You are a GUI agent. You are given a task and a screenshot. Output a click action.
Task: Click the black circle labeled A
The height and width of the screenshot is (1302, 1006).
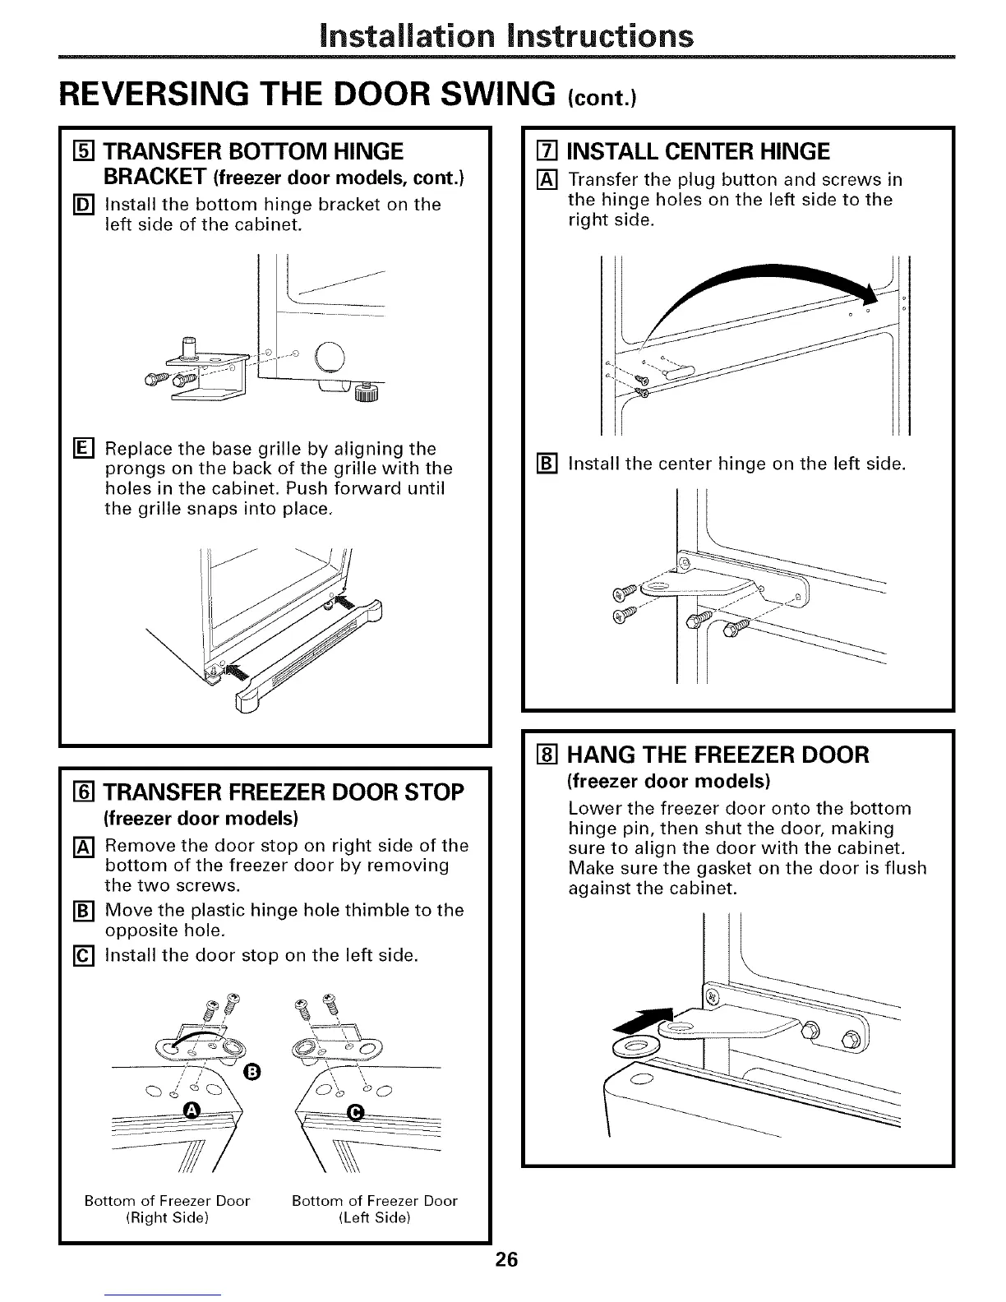click(x=192, y=1111)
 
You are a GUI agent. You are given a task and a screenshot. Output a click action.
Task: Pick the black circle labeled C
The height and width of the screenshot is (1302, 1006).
click(x=356, y=1112)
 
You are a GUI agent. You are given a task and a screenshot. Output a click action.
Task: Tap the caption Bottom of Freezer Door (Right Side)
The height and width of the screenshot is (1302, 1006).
click(x=167, y=1208)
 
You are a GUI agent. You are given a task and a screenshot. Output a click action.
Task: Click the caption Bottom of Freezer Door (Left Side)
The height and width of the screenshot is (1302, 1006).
click(x=374, y=1208)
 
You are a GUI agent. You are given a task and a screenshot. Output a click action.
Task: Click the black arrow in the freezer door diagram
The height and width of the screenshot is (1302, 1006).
click(x=644, y=1018)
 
